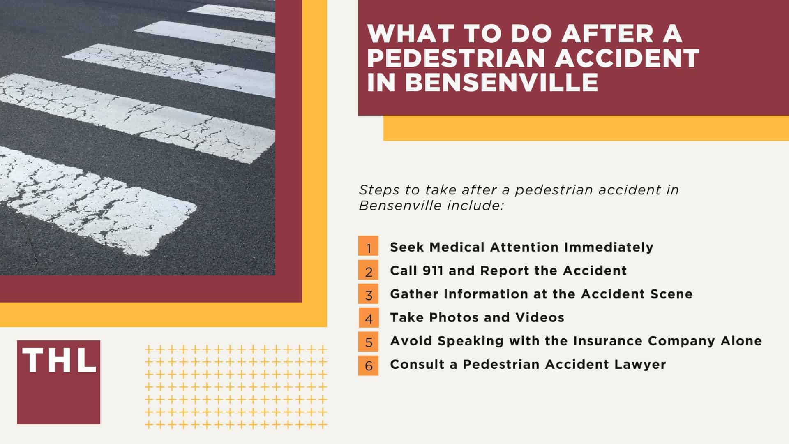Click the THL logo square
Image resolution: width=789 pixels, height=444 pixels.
tap(58, 382)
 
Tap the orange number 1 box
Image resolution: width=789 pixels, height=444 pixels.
tap(368, 247)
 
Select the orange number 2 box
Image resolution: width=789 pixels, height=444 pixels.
tap(368, 271)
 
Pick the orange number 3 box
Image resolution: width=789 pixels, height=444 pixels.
tap(368, 294)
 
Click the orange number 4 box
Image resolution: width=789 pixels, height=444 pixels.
tap(368, 317)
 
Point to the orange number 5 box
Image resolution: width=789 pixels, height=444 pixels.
tap(368, 341)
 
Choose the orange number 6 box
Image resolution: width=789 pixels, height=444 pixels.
tap(368, 364)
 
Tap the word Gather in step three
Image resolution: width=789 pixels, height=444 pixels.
tap(414, 294)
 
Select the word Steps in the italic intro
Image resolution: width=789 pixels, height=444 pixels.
tap(376, 190)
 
